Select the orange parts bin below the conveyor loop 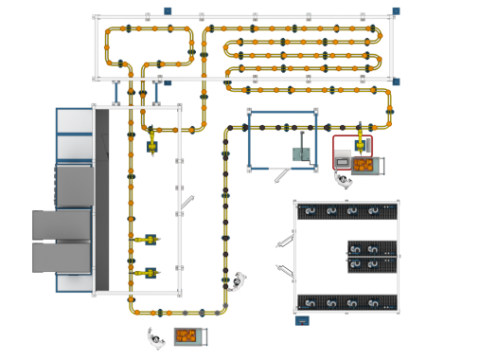189,336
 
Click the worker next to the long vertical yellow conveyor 239,279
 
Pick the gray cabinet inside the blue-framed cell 302,157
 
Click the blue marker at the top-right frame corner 396,12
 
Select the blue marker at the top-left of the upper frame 167,10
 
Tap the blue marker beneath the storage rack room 302,321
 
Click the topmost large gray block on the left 73,186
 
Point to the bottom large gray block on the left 62,256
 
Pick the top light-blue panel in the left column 73,120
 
